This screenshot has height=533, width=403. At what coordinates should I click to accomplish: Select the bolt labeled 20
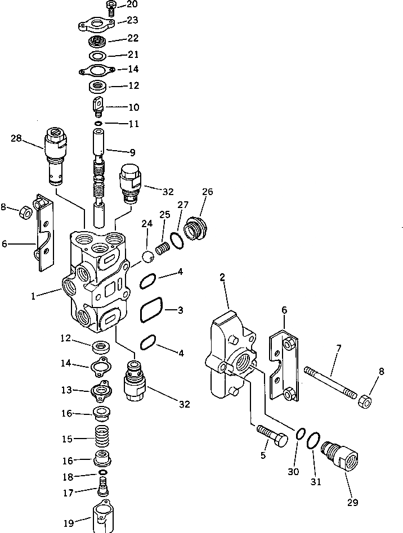(110, 7)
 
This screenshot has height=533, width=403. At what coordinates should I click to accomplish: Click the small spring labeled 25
(163, 247)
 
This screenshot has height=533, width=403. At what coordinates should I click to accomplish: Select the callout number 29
(353, 502)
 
